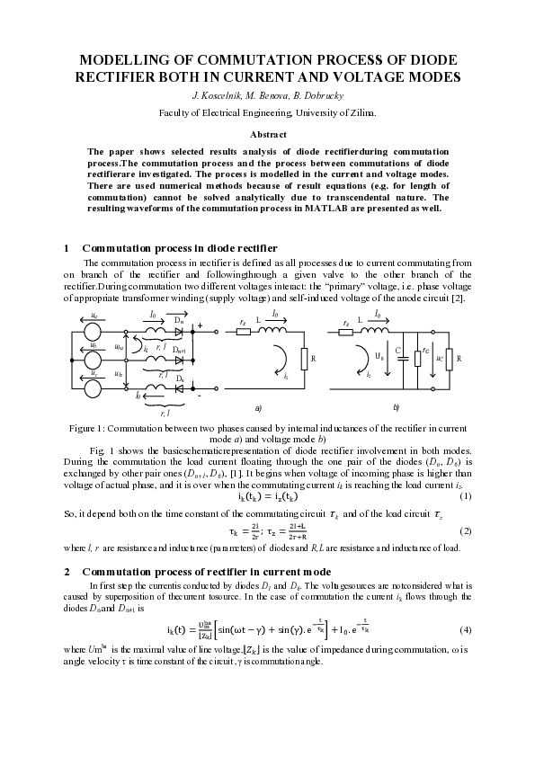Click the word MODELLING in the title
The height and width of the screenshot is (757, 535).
pyautogui.click(x=124, y=60)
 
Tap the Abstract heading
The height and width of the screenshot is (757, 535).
pyautogui.click(x=267, y=133)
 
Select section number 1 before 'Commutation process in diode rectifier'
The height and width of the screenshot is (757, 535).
pyautogui.click(x=68, y=247)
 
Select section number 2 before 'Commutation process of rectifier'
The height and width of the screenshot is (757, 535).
pyautogui.click(x=68, y=571)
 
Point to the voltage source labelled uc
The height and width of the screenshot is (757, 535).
pyautogui.click(x=93, y=388)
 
